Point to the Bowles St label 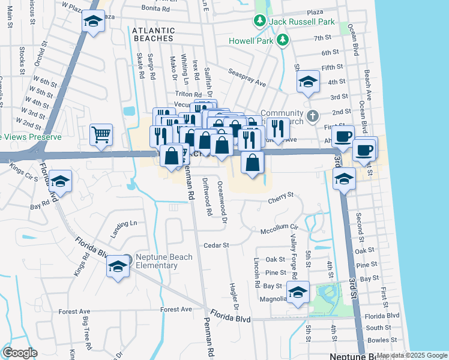[x=379, y=340]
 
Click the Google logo [x=20, y=353]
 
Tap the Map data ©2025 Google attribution [x=412, y=355]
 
